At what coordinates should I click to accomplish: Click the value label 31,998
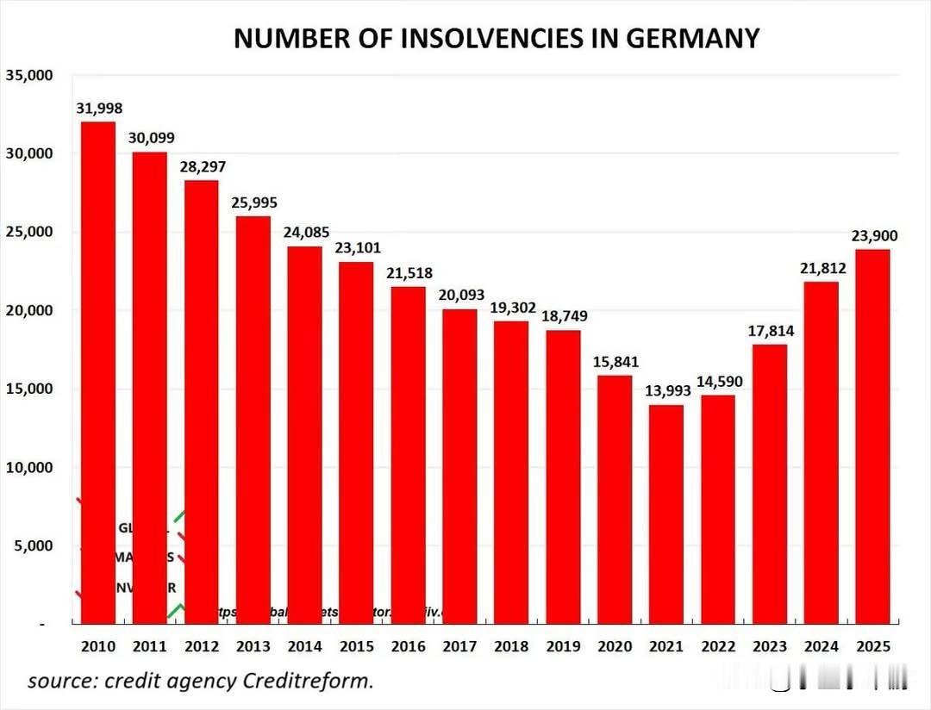click(x=100, y=109)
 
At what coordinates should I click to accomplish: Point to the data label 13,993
click(x=667, y=391)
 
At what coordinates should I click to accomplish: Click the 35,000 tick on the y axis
click(x=30, y=76)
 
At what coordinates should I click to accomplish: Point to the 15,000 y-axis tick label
click(x=30, y=389)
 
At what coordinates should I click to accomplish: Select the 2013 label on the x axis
click(x=253, y=647)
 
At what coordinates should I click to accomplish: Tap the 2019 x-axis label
click(x=563, y=647)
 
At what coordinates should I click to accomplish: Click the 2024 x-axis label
click(x=821, y=647)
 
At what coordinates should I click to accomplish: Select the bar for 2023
click(x=769, y=483)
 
